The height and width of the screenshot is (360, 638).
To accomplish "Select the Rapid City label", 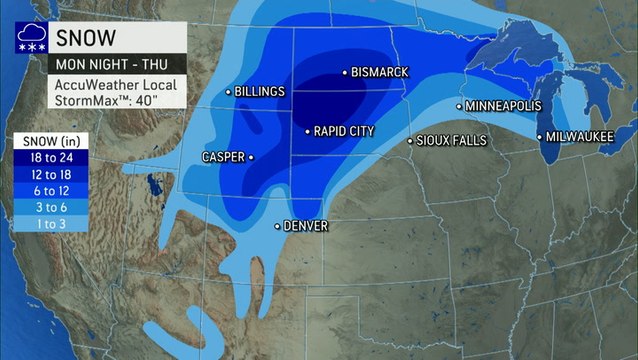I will (347, 131).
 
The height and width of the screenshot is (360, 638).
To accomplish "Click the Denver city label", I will (306, 226).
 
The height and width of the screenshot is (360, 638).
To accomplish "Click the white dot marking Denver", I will (278, 226).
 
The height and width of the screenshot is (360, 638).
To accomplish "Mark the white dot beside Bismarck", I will (344, 72).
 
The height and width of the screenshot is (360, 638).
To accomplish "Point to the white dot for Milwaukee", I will (540, 137).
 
